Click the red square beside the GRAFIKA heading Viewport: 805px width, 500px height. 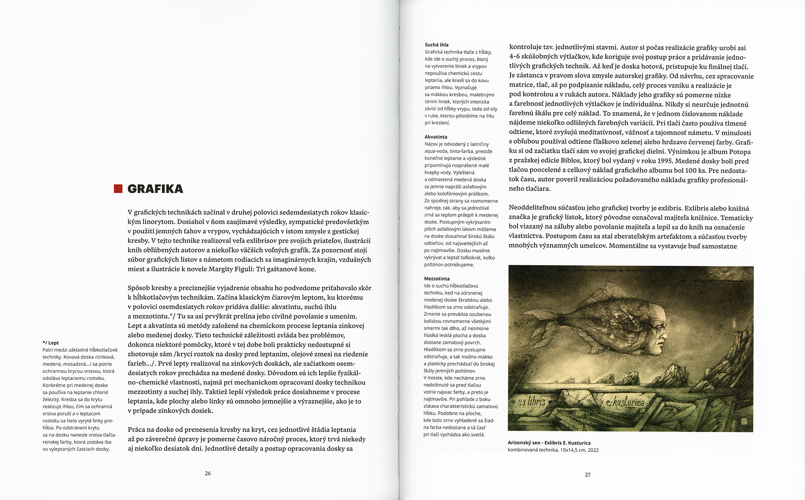tap(118, 189)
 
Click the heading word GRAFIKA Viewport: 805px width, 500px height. tap(155, 189)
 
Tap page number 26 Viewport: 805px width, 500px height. tap(208, 473)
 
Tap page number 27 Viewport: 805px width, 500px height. tap(588, 475)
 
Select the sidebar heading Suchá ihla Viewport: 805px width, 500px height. tap(436, 45)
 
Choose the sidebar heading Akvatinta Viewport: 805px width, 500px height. tap(436, 137)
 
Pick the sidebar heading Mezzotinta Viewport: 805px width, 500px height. tap(437, 278)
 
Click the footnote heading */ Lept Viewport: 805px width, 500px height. tap(51, 343)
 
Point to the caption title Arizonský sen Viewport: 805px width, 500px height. tap(525, 443)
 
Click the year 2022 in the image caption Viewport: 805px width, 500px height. tap(593, 450)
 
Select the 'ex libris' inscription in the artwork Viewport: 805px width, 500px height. tap(531, 402)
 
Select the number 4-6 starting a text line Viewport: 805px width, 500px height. tap(517, 57)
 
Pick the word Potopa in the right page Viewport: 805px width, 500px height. tap(740, 152)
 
